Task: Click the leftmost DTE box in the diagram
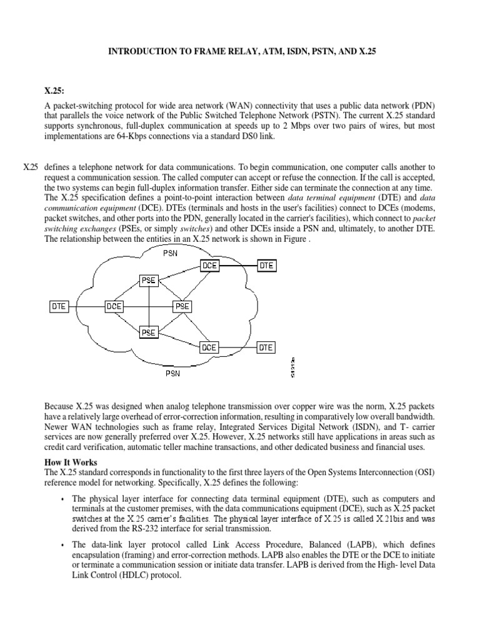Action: pyautogui.click(x=58, y=306)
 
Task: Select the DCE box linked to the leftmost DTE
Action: pyautogui.click(x=114, y=306)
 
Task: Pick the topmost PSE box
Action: pyautogui.click(x=148, y=280)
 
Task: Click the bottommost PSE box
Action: pyautogui.click(x=148, y=332)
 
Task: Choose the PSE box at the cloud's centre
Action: pyautogui.click(x=182, y=306)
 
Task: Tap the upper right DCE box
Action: pyautogui.click(x=209, y=266)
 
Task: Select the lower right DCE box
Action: pyautogui.click(x=209, y=347)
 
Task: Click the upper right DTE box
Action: pyautogui.click(x=266, y=266)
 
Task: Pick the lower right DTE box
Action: pyautogui.click(x=266, y=347)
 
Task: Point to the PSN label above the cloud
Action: pyautogui.click(x=170, y=253)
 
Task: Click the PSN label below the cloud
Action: pyautogui.click(x=173, y=374)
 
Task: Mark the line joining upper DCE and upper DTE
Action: pyautogui.click(x=237, y=266)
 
